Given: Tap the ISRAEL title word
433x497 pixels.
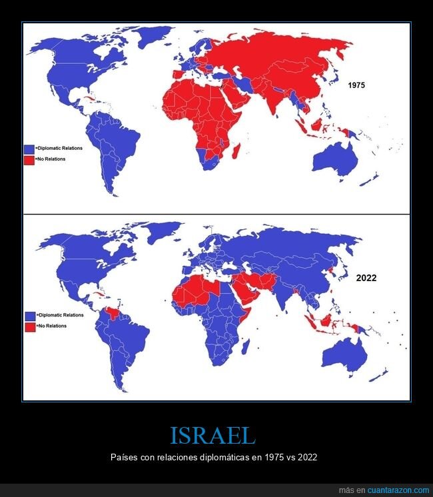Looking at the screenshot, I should coord(213,435).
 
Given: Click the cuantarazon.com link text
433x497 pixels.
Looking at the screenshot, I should coord(394,490).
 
